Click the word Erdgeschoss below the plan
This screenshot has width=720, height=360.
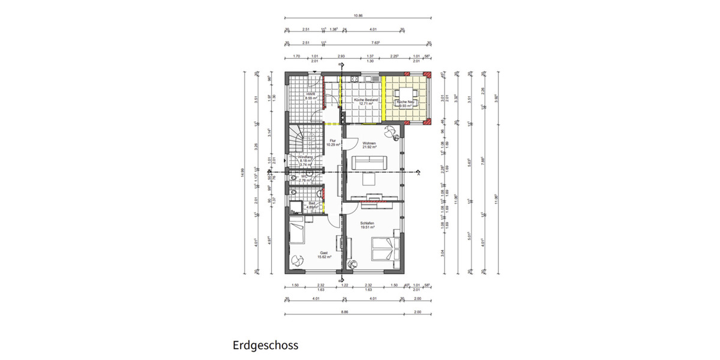(x=265, y=346)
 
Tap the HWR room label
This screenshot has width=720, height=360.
(x=310, y=96)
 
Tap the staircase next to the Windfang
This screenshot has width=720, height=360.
(x=296, y=137)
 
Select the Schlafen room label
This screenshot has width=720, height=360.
(x=367, y=224)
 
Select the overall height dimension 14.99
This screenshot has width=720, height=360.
(x=243, y=173)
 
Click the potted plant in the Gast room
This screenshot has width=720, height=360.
(x=298, y=260)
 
